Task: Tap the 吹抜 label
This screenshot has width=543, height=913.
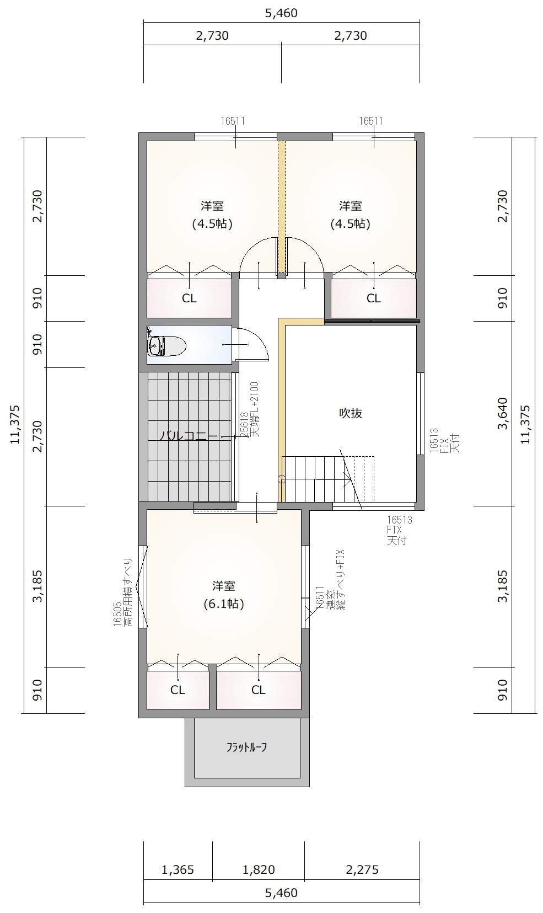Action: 350,413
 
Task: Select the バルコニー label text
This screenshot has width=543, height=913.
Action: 188,436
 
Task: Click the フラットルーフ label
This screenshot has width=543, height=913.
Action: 247,747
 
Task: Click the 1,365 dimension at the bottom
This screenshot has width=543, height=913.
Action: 178,870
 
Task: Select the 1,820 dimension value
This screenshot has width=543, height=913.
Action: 259,870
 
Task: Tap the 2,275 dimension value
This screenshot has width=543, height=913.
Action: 362,870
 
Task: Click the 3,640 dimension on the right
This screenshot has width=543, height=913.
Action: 503,413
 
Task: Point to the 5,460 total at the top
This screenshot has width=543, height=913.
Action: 282,13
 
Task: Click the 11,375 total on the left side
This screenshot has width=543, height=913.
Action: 15,424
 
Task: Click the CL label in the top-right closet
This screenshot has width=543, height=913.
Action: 374,298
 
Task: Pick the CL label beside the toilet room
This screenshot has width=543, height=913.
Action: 189,298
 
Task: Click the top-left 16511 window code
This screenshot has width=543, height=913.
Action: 233,121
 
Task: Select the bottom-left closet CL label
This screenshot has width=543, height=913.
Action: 178,690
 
